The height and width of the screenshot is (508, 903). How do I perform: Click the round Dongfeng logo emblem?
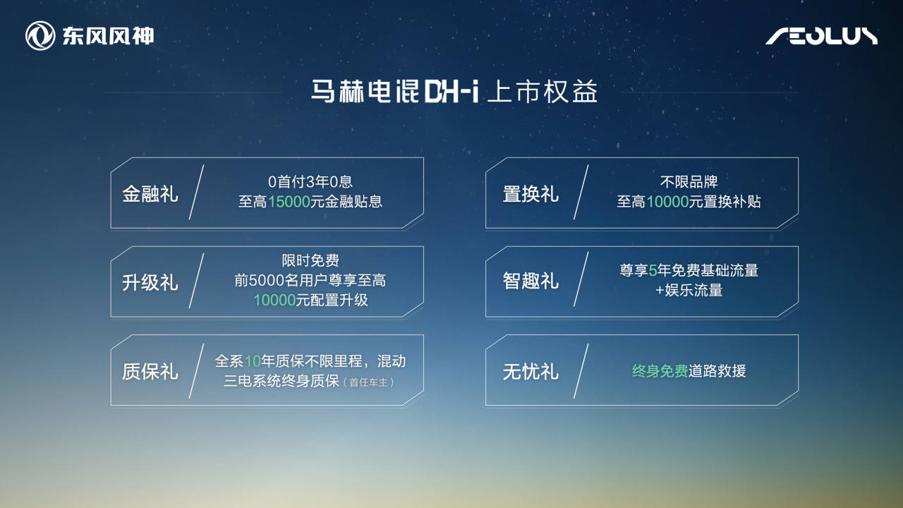(40, 36)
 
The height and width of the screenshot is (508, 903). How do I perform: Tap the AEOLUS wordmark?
(821, 36)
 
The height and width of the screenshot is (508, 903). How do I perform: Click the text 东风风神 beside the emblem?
(107, 36)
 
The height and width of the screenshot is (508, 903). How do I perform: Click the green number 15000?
(289, 202)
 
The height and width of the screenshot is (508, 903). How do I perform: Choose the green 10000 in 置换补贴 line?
(667, 202)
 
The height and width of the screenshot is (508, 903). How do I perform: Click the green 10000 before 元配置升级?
(274, 300)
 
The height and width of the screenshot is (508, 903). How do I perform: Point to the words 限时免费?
(310, 261)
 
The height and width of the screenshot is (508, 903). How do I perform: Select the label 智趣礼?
(531, 282)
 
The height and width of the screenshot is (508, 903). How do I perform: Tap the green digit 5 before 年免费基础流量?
(653, 271)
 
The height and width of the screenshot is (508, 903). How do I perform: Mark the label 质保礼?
(150, 372)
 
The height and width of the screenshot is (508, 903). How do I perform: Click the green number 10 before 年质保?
(253, 361)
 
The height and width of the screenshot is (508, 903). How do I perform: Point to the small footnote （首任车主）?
(368, 382)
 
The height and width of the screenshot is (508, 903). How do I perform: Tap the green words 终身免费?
(660, 371)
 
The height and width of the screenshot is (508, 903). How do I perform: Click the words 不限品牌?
(689, 183)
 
